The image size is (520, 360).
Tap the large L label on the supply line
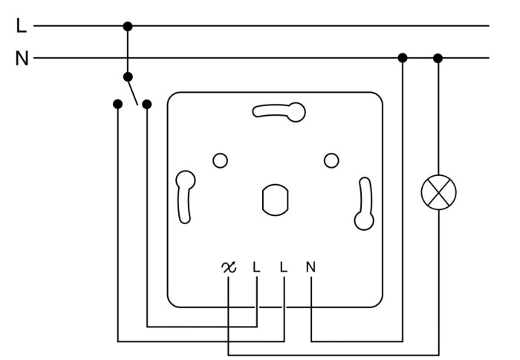click(22, 25)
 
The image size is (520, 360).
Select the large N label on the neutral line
click(22, 59)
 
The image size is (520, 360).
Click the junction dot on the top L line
click(128, 27)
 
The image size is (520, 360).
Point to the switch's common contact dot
click(128, 77)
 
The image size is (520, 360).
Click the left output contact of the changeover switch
click(117, 104)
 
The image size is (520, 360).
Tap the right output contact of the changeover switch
click(147, 105)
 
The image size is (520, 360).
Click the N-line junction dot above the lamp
click(438, 59)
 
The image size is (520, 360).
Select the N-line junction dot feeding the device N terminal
click(403, 58)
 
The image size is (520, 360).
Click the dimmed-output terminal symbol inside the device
click(229, 267)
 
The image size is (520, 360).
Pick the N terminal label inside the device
click(311, 267)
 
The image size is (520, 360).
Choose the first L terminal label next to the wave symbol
click(256, 267)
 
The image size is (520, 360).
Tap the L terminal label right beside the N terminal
click(283, 267)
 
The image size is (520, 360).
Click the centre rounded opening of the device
click(276, 200)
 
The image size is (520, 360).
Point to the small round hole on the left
click(220, 161)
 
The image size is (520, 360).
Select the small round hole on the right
click(331, 161)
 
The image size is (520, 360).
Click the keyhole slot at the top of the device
click(279, 111)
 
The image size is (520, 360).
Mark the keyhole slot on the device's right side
click(365, 204)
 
